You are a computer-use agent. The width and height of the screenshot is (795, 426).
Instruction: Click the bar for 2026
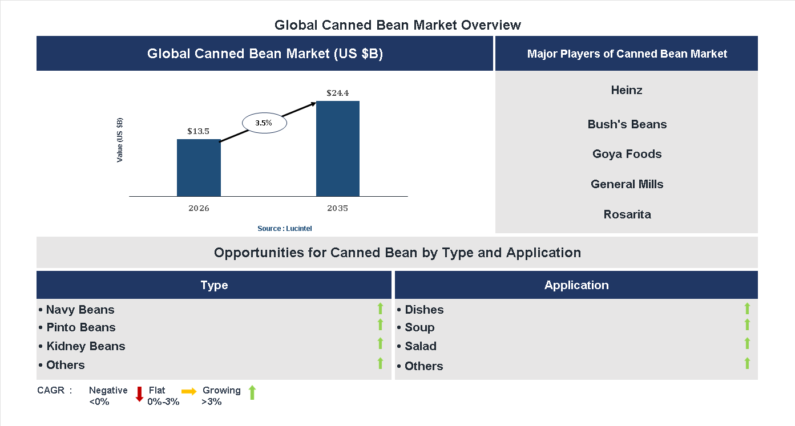(199, 168)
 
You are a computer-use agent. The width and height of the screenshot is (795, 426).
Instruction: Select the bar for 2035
(338, 149)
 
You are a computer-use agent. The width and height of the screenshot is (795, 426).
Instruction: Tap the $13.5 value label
(199, 131)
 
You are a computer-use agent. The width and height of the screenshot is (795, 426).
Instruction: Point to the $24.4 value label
(338, 93)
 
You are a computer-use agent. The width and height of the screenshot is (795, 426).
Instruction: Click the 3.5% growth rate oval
(264, 123)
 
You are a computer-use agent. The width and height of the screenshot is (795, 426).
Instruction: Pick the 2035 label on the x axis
(338, 208)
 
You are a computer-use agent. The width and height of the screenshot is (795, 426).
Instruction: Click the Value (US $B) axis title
(120, 140)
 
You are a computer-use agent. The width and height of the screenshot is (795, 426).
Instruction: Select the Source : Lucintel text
(285, 229)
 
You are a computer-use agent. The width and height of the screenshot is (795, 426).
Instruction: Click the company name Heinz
(627, 90)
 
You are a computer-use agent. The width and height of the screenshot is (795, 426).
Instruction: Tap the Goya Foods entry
(627, 154)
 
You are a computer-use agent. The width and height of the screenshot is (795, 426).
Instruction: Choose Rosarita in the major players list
(627, 214)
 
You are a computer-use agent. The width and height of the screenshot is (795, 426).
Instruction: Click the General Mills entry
(627, 184)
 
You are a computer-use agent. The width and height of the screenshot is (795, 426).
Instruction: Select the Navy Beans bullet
(77, 310)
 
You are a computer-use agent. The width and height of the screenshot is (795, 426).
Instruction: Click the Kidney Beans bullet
(82, 346)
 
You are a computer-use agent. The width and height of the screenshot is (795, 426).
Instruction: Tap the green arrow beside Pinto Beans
(380, 324)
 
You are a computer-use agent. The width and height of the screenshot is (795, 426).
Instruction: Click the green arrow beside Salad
(747, 343)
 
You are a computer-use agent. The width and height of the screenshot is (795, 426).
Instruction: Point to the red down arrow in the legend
(139, 394)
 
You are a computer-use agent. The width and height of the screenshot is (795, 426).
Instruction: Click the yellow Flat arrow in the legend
(189, 391)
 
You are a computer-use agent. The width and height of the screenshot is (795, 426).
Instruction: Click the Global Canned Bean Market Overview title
(397, 25)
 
